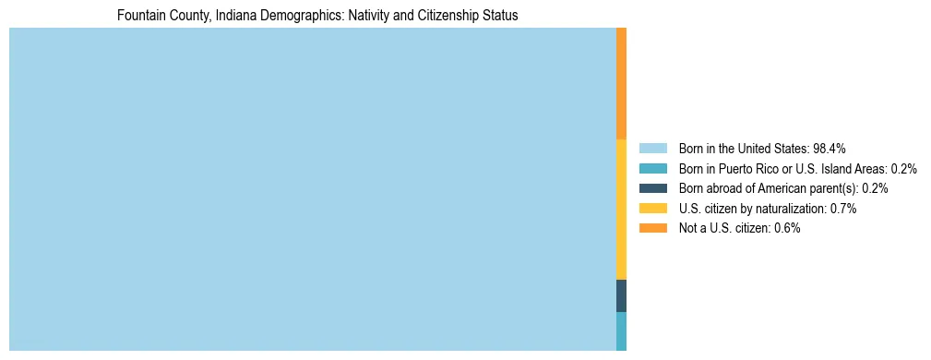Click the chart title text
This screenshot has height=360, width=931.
click(317, 16)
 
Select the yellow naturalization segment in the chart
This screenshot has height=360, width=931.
click(621, 209)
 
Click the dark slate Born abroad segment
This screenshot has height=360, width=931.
click(621, 295)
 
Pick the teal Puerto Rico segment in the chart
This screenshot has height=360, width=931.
click(621, 330)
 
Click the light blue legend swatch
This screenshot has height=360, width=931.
click(652, 148)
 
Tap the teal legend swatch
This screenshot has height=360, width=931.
click(652, 168)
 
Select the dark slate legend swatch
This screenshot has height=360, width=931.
click(652, 188)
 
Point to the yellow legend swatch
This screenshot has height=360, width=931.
click(652, 209)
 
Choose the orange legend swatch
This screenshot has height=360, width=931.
click(652, 228)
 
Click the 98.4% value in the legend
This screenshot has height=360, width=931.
click(830, 148)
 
